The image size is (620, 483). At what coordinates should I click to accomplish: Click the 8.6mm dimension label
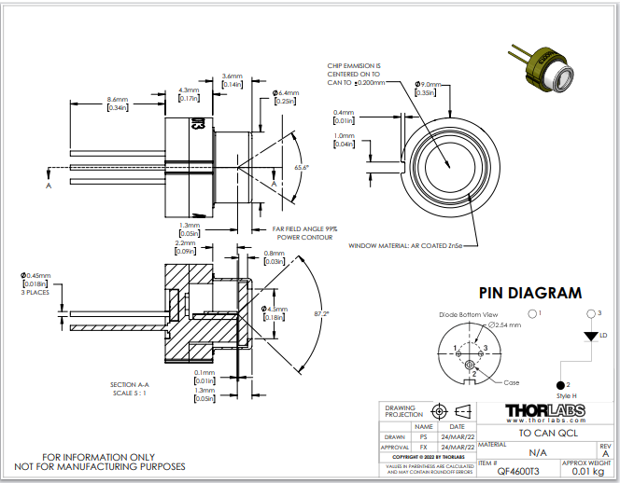(x=118, y=99)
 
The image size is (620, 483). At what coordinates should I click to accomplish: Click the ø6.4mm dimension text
(x=285, y=92)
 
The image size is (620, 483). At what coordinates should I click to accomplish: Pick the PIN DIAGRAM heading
(x=529, y=293)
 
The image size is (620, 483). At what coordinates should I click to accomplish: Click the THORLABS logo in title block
(x=545, y=411)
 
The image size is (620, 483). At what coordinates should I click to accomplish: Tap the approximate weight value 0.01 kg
(x=586, y=473)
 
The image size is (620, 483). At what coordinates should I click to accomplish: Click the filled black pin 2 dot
(x=561, y=384)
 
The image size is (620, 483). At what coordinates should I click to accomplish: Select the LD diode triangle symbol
(x=589, y=334)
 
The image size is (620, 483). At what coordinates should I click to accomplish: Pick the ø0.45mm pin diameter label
(x=35, y=274)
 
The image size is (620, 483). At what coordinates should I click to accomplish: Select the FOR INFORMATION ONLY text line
(x=99, y=457)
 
